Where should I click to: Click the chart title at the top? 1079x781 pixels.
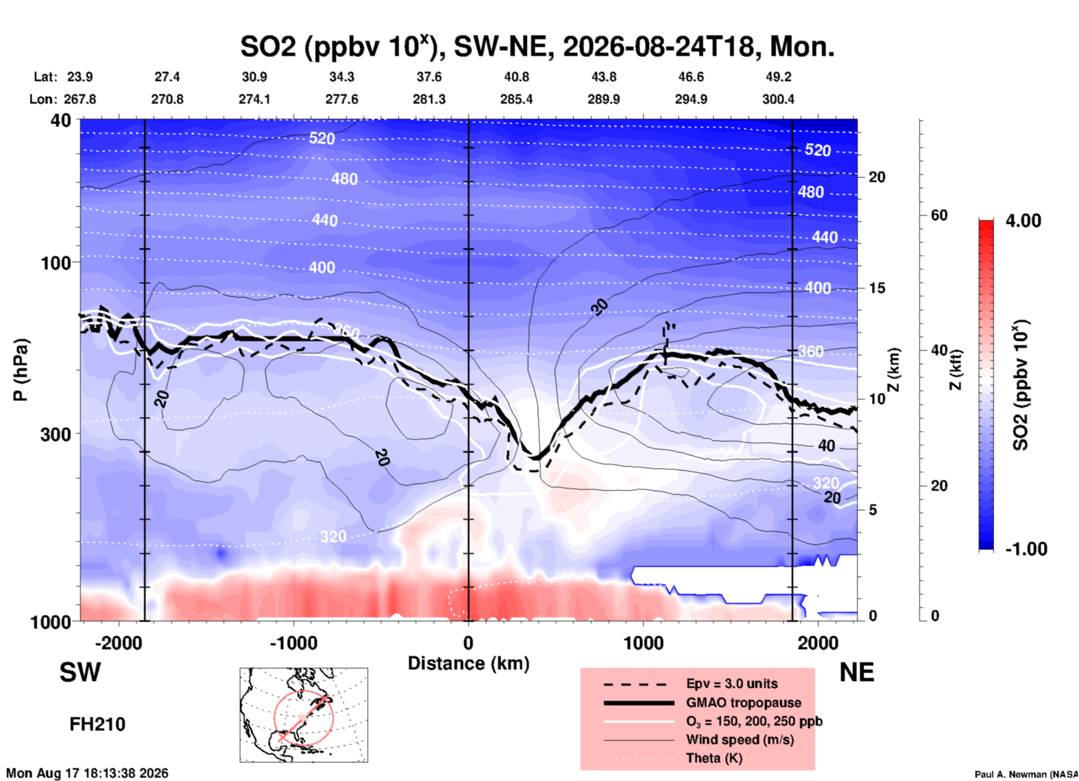pos(537,46)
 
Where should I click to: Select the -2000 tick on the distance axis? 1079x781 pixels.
pos(119,643)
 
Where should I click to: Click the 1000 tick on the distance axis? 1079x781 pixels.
pos(643,643)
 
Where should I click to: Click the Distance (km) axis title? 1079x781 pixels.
pos(468,663)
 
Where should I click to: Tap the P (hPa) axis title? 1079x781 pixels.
pos(21,370)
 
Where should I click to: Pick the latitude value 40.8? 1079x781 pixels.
pos(516,77)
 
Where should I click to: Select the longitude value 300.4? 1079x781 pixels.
pos(778,99)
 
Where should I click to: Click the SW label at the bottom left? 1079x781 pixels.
pos(80,672)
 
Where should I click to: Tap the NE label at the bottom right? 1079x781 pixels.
pos(857,672)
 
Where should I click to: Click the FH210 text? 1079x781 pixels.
pos(97,724)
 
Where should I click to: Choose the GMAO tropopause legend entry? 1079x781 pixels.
pos(743,703)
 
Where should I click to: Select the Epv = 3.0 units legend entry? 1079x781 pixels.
pos(732,684)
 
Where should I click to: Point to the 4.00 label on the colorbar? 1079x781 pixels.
pos(1023,220)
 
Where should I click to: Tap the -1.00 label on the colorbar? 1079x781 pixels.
pos(1026,548)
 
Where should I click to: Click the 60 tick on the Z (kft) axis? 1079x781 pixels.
pos(939,215)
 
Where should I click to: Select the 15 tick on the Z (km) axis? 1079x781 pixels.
pos(877,288)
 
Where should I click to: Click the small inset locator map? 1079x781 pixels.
pos(304,715)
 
